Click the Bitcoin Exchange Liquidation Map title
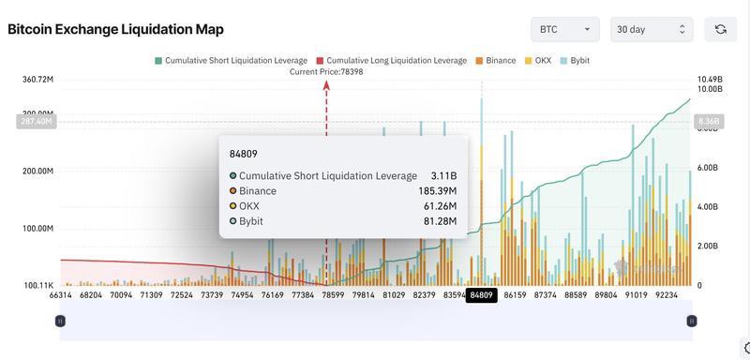tap(115, 29)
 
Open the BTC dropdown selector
tap(565, 29)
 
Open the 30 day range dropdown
tap(652, 29)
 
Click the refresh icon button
tap(720, 29)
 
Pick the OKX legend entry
tap(539, 60)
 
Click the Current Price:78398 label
tap(326, 72)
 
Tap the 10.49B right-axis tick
tap(710, 80)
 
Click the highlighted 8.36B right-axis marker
tap(707, 121)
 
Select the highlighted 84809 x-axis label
tap(482, 295)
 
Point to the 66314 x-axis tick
tap(61, 295)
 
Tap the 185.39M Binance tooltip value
tap(436, 190)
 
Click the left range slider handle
tap(60, 321)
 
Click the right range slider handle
tap(692, 321)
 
